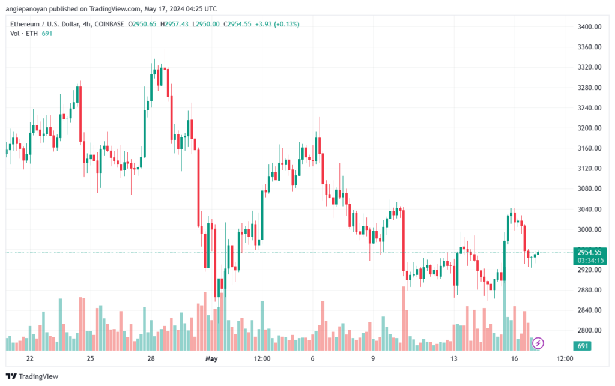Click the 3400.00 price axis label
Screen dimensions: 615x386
click(589, 26)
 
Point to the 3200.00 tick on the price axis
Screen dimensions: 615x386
click(589, 128)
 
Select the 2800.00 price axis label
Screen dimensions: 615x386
click(589, 330)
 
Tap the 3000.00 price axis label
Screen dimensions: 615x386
click(589, 229)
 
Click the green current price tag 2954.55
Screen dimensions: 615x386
click(590, 252)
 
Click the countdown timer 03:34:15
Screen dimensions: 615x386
click(590, 261)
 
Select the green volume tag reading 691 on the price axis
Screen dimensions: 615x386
click(583, 346)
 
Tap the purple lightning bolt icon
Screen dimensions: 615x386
click(538, 343)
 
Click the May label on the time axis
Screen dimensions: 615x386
click(211, 358)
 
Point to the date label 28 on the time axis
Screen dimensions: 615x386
click(151, 358)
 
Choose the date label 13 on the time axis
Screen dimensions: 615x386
click(454, 358)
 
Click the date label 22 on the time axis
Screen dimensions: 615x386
click(30, 358)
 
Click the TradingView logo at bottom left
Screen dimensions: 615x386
click(32, 376)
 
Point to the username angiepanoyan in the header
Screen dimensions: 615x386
click(26, 8)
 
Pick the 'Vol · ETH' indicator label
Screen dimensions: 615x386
click(24, 34)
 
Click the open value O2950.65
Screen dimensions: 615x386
click(142, 24)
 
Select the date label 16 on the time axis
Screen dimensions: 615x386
click(514, 358)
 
